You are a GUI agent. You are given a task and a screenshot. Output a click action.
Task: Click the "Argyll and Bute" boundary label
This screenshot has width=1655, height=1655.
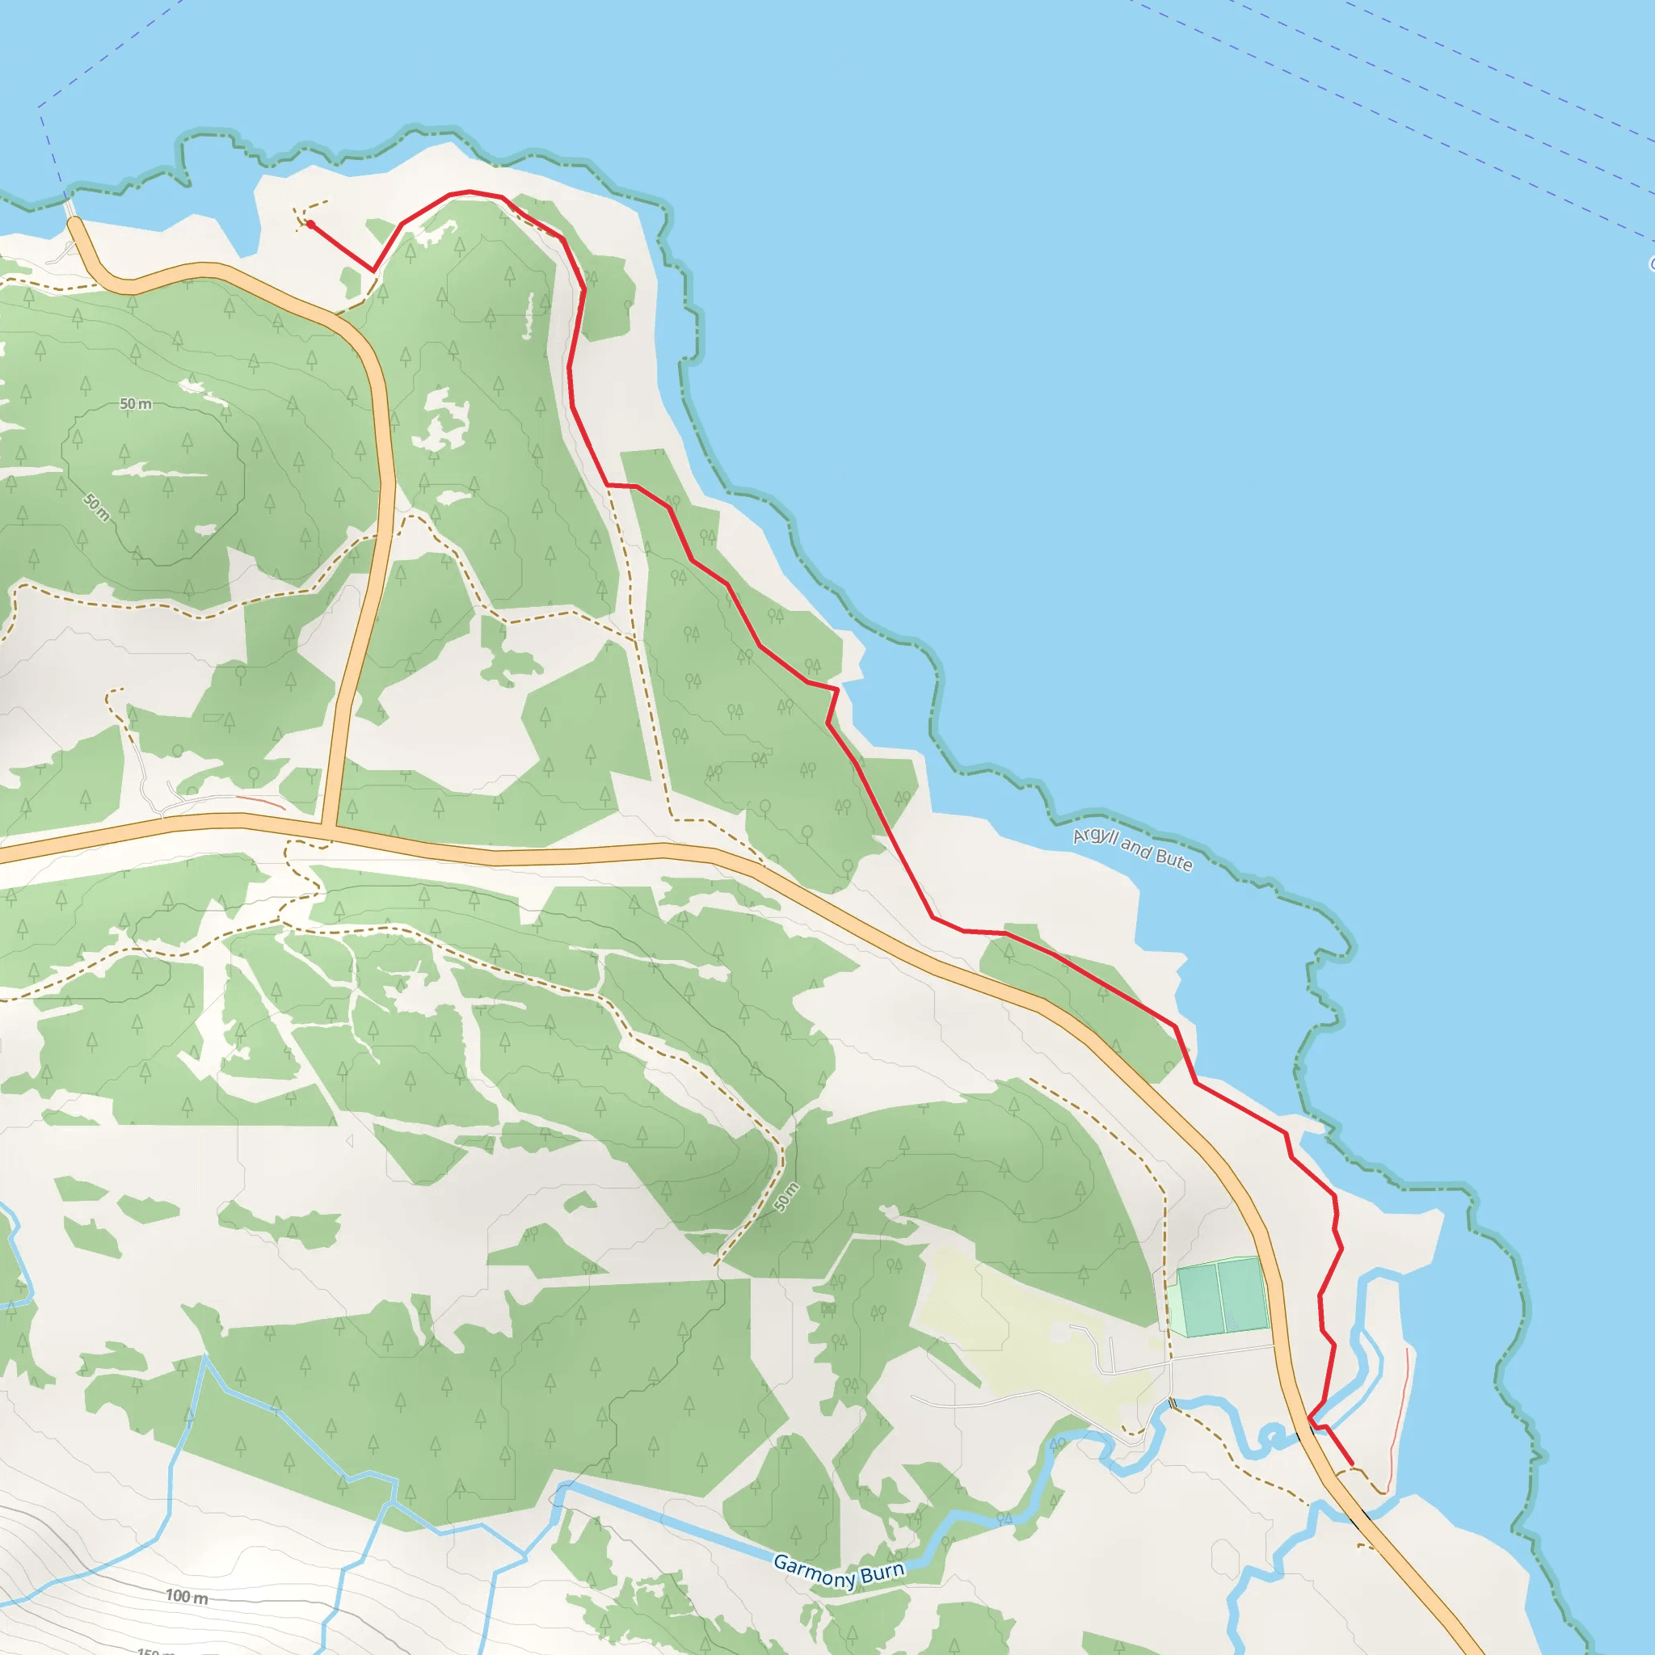pos(1131,848)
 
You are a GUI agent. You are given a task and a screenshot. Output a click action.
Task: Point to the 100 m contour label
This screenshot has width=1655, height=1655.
pos(187,1597)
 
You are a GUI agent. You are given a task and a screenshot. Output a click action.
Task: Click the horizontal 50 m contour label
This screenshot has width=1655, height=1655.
pos(135,403)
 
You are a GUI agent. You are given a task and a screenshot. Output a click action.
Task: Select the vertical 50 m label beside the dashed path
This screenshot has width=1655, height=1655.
pos(785,1197)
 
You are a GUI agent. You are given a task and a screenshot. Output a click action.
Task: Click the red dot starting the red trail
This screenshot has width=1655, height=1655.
pos(311,225)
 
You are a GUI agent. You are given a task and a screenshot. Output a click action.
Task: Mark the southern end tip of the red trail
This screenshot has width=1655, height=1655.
pos(1352,1464)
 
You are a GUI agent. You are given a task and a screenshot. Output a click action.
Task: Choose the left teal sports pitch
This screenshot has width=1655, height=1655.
pos(1199,1299)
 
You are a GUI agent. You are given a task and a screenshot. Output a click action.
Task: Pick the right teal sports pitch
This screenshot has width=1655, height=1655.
pos(1243,1294)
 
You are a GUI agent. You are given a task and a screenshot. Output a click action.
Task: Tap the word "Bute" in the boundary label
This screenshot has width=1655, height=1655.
pos(1173,859)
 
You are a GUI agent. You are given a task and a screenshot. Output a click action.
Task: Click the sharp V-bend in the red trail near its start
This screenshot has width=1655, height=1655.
pos(373,271)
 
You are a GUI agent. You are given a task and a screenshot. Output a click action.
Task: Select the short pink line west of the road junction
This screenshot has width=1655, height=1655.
pos(260,802)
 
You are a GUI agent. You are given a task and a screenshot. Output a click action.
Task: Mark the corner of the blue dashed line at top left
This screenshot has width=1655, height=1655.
pos(40,107)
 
